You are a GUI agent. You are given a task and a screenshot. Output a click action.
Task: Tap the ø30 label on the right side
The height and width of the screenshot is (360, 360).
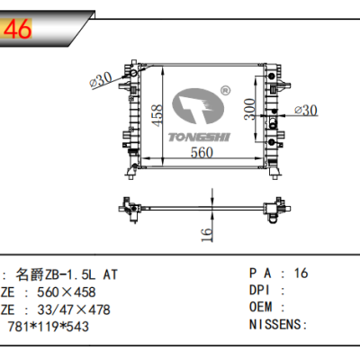(308, 110)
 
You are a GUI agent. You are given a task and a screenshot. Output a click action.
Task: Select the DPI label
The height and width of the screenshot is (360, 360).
(258, 291)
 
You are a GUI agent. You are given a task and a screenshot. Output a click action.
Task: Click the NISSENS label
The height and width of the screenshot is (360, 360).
(274, 326)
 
